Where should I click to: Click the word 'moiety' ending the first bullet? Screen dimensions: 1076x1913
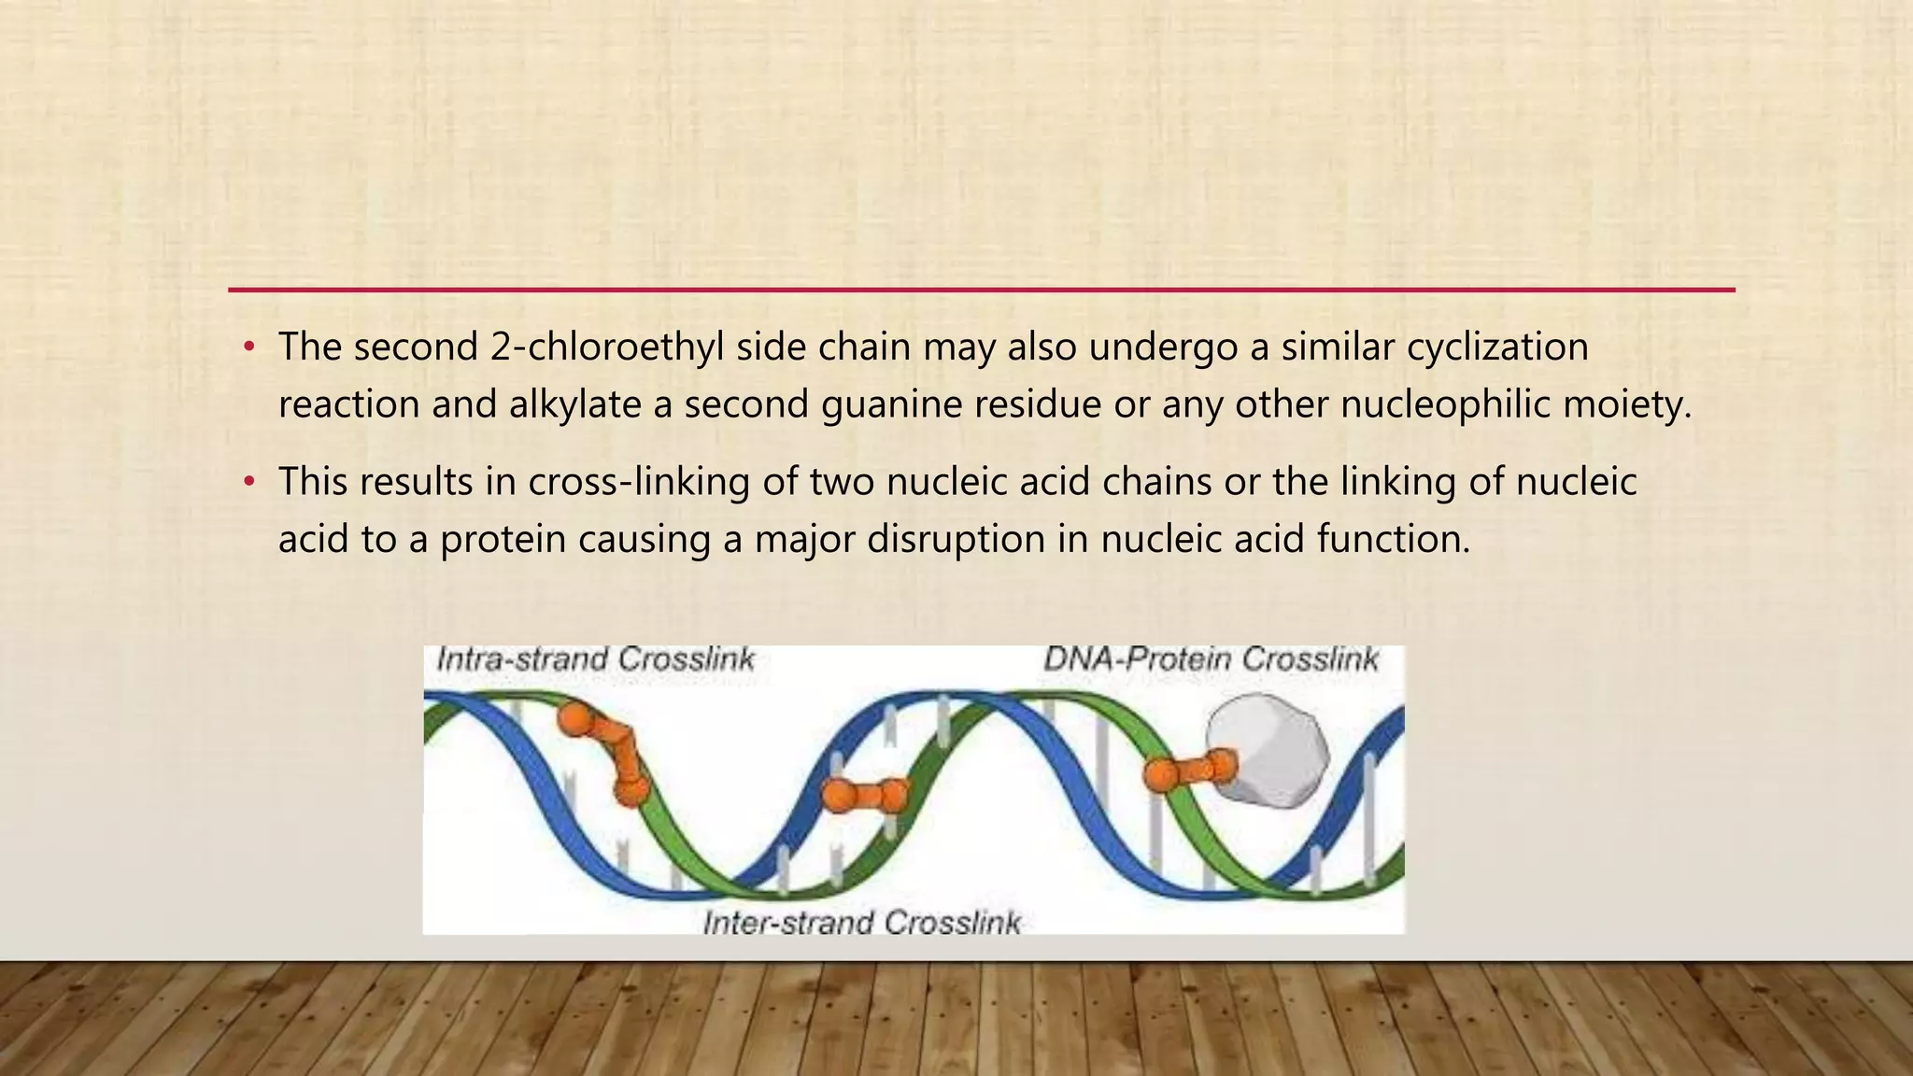click(1633, 405)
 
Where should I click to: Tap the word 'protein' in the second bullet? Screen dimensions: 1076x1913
click(503, 540)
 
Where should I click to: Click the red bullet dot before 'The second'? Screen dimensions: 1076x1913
click(248, 348)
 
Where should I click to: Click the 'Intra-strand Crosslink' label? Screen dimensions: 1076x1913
click(595, 659)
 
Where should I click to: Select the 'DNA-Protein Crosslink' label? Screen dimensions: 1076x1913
click(1211, 659)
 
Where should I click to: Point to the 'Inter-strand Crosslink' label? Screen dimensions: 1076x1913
click(861, 923)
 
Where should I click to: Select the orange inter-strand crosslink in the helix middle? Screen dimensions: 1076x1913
click(864, 796)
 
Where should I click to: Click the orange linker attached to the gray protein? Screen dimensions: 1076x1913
click(1189, 771)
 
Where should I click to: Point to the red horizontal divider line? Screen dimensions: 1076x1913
click(981, 290)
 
